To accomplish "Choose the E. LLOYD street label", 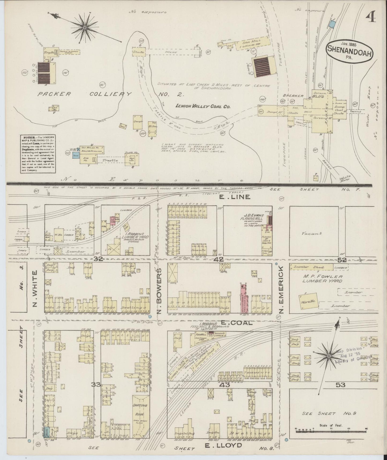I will (x=224, y=446).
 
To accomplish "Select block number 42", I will (x=218, y=259).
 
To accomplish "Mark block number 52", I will (x=342, y=260).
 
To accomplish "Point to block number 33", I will (x=96, y=384).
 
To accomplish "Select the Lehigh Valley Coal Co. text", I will (x=203, y=106).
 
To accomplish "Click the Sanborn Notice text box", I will (x=37, y=154).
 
